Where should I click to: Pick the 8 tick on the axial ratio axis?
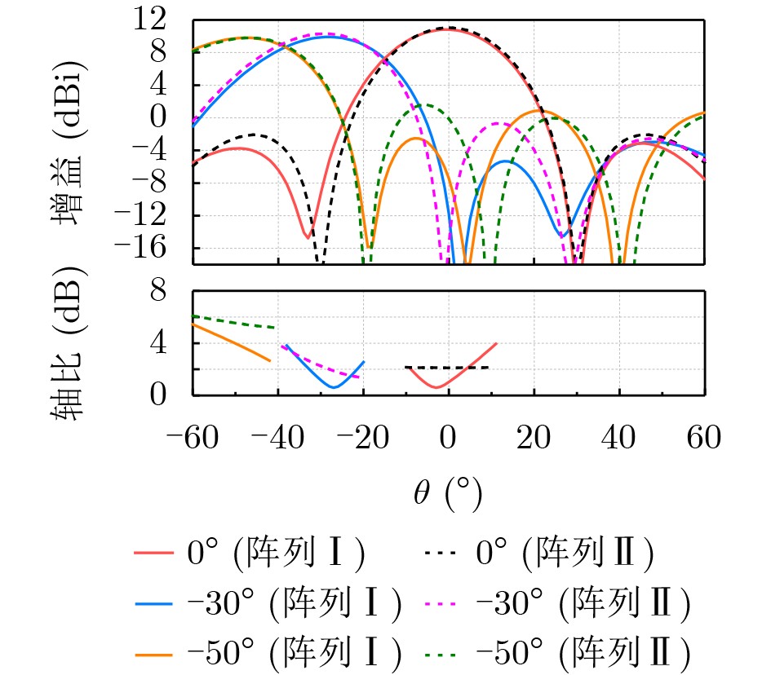pyautogui.click(x=175, y=291)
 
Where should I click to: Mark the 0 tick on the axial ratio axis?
pyautogui.click(x=175, y=395)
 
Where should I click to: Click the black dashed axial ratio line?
pyautogui.click(x=457, y=368)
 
